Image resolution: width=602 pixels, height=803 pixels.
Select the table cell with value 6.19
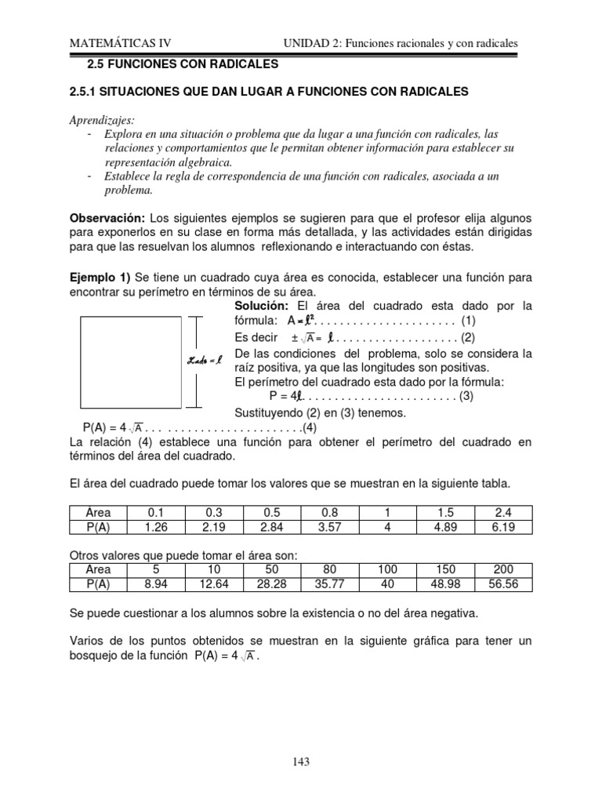[503, 527]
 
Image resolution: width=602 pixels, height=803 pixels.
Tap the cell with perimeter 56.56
[503, 584]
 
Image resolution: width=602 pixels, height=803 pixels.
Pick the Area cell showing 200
[503, 570]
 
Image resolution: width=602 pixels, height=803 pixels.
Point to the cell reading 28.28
[272, 584]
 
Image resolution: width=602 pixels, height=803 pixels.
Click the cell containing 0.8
[331, 513]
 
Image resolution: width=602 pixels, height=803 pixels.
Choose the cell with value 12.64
[213, 584]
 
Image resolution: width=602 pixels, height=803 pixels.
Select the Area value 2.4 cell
[503, 513]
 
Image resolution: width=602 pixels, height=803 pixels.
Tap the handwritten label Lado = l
[206, 360]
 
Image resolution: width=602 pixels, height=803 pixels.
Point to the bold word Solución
[263, 305]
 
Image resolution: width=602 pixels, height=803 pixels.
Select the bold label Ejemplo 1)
[101, 278]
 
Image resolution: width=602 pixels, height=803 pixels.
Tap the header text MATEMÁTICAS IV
[120, 45]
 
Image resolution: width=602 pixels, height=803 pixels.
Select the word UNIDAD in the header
[305, 45]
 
